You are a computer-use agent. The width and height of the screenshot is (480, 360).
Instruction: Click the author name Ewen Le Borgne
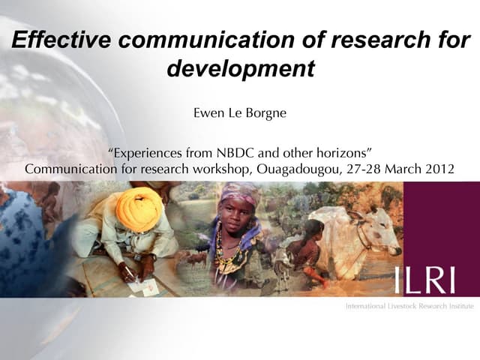pyautogui.click(x=239, y=115)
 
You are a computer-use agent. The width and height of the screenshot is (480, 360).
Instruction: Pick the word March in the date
pyautogui.click(x=401, y=169)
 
